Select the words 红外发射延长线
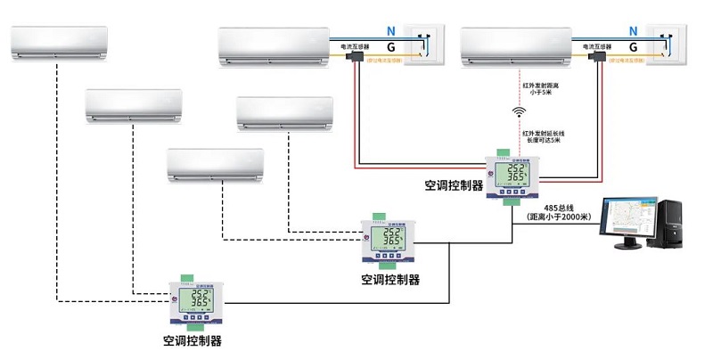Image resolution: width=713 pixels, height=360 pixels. tap(544, 132)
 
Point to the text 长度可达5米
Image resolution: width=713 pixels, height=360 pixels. tap(544, 140)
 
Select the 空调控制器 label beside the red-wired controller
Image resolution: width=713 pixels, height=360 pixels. tap(454, 185)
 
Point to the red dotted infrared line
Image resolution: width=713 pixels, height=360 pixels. tap(519, 89)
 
